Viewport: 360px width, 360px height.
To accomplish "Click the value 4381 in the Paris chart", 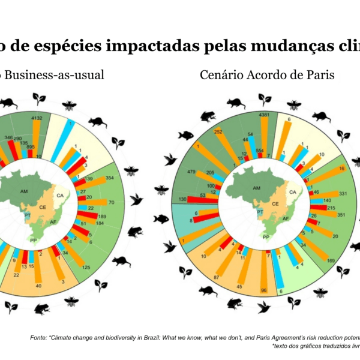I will (x=263, y=115).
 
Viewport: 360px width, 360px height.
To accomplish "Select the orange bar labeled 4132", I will (x=36, y=138).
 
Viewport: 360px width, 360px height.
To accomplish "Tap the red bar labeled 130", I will (x=201, y=200).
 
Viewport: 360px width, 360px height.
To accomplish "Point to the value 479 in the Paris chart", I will (x=191, y=172).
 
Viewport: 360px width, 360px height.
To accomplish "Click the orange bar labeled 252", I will (x=227, y=147).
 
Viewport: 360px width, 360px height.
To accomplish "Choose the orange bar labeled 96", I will (x=263, y=276).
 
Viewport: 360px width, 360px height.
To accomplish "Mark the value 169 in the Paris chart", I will (x=331, y=260).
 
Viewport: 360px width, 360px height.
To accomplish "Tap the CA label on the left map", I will (x=60, y=195).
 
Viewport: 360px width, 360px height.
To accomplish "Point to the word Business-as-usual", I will (x=56, y=75).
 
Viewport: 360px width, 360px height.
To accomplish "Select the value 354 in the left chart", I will (x=109, y=178).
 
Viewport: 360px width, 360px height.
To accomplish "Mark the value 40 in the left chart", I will (x=38, y=286).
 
